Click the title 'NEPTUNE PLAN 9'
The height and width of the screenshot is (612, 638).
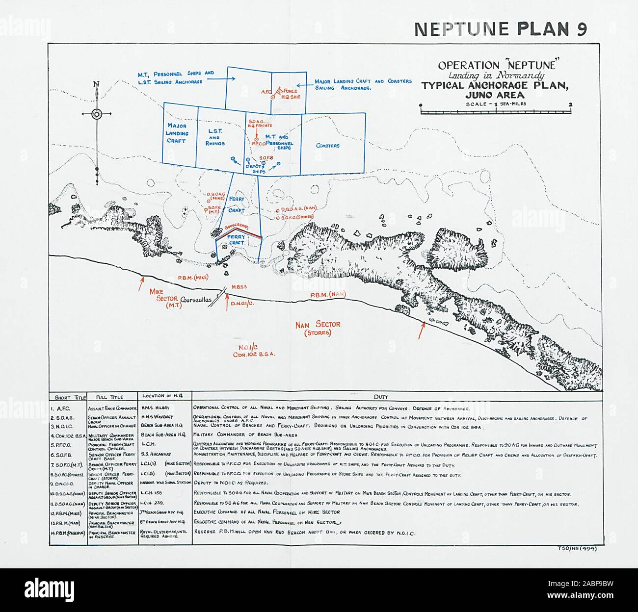click(500, 29)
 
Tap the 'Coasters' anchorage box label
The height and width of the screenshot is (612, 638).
click(327, 146)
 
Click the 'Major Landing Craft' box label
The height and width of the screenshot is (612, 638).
click(176, 133)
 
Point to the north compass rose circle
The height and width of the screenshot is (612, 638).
click(97, 114)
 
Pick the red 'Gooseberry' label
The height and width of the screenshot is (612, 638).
click(237, 229)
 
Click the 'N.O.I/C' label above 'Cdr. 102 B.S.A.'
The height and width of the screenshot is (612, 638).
click(250, 347)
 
